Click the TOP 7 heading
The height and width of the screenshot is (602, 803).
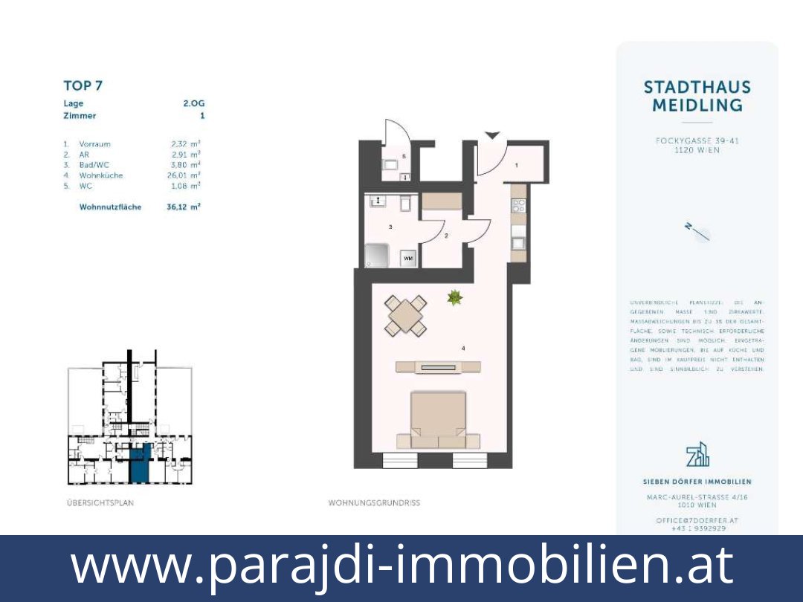(83, 85)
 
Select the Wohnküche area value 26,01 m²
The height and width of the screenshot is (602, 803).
(184, 175)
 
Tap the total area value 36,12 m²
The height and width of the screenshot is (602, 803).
(184, 207)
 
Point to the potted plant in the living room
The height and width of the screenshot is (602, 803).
(454, 298)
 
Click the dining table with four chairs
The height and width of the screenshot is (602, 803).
(406, 315)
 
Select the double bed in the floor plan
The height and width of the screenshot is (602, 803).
(439, 420)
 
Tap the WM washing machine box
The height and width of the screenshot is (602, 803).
(407, 258)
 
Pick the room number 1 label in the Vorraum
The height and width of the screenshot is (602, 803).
(517, 165)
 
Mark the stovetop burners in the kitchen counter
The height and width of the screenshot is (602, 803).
(518, 206)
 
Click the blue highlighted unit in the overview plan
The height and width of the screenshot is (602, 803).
(140, 462)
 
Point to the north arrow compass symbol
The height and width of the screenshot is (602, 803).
(698, 232)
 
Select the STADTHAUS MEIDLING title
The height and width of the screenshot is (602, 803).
(697, 97)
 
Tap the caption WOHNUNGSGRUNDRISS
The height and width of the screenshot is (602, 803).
(374, 503)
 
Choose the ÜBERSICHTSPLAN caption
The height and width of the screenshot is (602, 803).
(100, 503)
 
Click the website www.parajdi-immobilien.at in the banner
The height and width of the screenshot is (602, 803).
(401, 565)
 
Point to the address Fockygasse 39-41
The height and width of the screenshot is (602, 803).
(697, 140)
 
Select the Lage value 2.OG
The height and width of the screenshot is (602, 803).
(193, 103)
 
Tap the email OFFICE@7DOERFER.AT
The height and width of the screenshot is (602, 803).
(697, 520)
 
